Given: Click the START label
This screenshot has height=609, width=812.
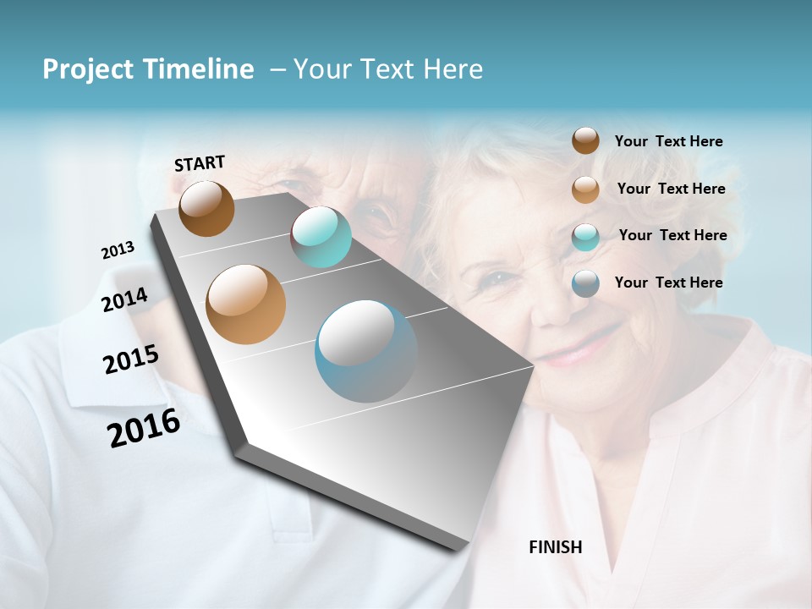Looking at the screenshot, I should pyautogui.click(x=200, y=163).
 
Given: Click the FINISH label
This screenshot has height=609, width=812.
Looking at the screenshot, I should pyautogui.click(x=555, y=547).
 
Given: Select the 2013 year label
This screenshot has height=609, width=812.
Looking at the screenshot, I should pyautogui.click(x=118, y=250).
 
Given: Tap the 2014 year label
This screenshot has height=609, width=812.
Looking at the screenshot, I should pyautogui.click(x=124, y=299).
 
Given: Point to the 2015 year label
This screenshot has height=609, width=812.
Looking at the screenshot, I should pyautogui.click(x=130, y=359).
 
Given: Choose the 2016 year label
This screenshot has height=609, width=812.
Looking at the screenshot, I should pyautogui.click(x=144, y=427).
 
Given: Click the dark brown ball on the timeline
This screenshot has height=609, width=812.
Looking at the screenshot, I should pyautogui.click(x=206, y=208).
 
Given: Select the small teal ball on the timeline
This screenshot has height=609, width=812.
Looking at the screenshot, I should pyautogui.click(x=321, y=237).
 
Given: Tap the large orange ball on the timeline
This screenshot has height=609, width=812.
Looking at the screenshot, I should pyautogui.click(x=245, y=304).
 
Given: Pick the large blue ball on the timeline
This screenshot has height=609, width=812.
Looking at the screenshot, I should pyautogui.click(x=365, y=351).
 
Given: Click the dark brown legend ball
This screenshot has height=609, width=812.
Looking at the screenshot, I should pyautogui.click(x=585, y=140).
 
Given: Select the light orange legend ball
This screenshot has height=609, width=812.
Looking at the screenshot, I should pyautogui.click(x=585, y=189).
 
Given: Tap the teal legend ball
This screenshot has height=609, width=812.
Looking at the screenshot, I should pyautogui.click(x=585, y=237).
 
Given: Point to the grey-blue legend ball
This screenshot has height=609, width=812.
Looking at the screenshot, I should pyautogui.click(x=585, y=283).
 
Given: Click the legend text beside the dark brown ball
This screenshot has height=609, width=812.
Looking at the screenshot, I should pyautogui.click(x=668, y=141).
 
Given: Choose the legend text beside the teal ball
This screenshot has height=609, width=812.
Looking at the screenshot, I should pyautogui.click(x=672, y=235).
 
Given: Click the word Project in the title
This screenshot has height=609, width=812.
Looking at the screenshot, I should pyautogui.click(x=89, y=69).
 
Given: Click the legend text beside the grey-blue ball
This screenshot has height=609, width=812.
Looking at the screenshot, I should pyautogui.click(x=668, y=283).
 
